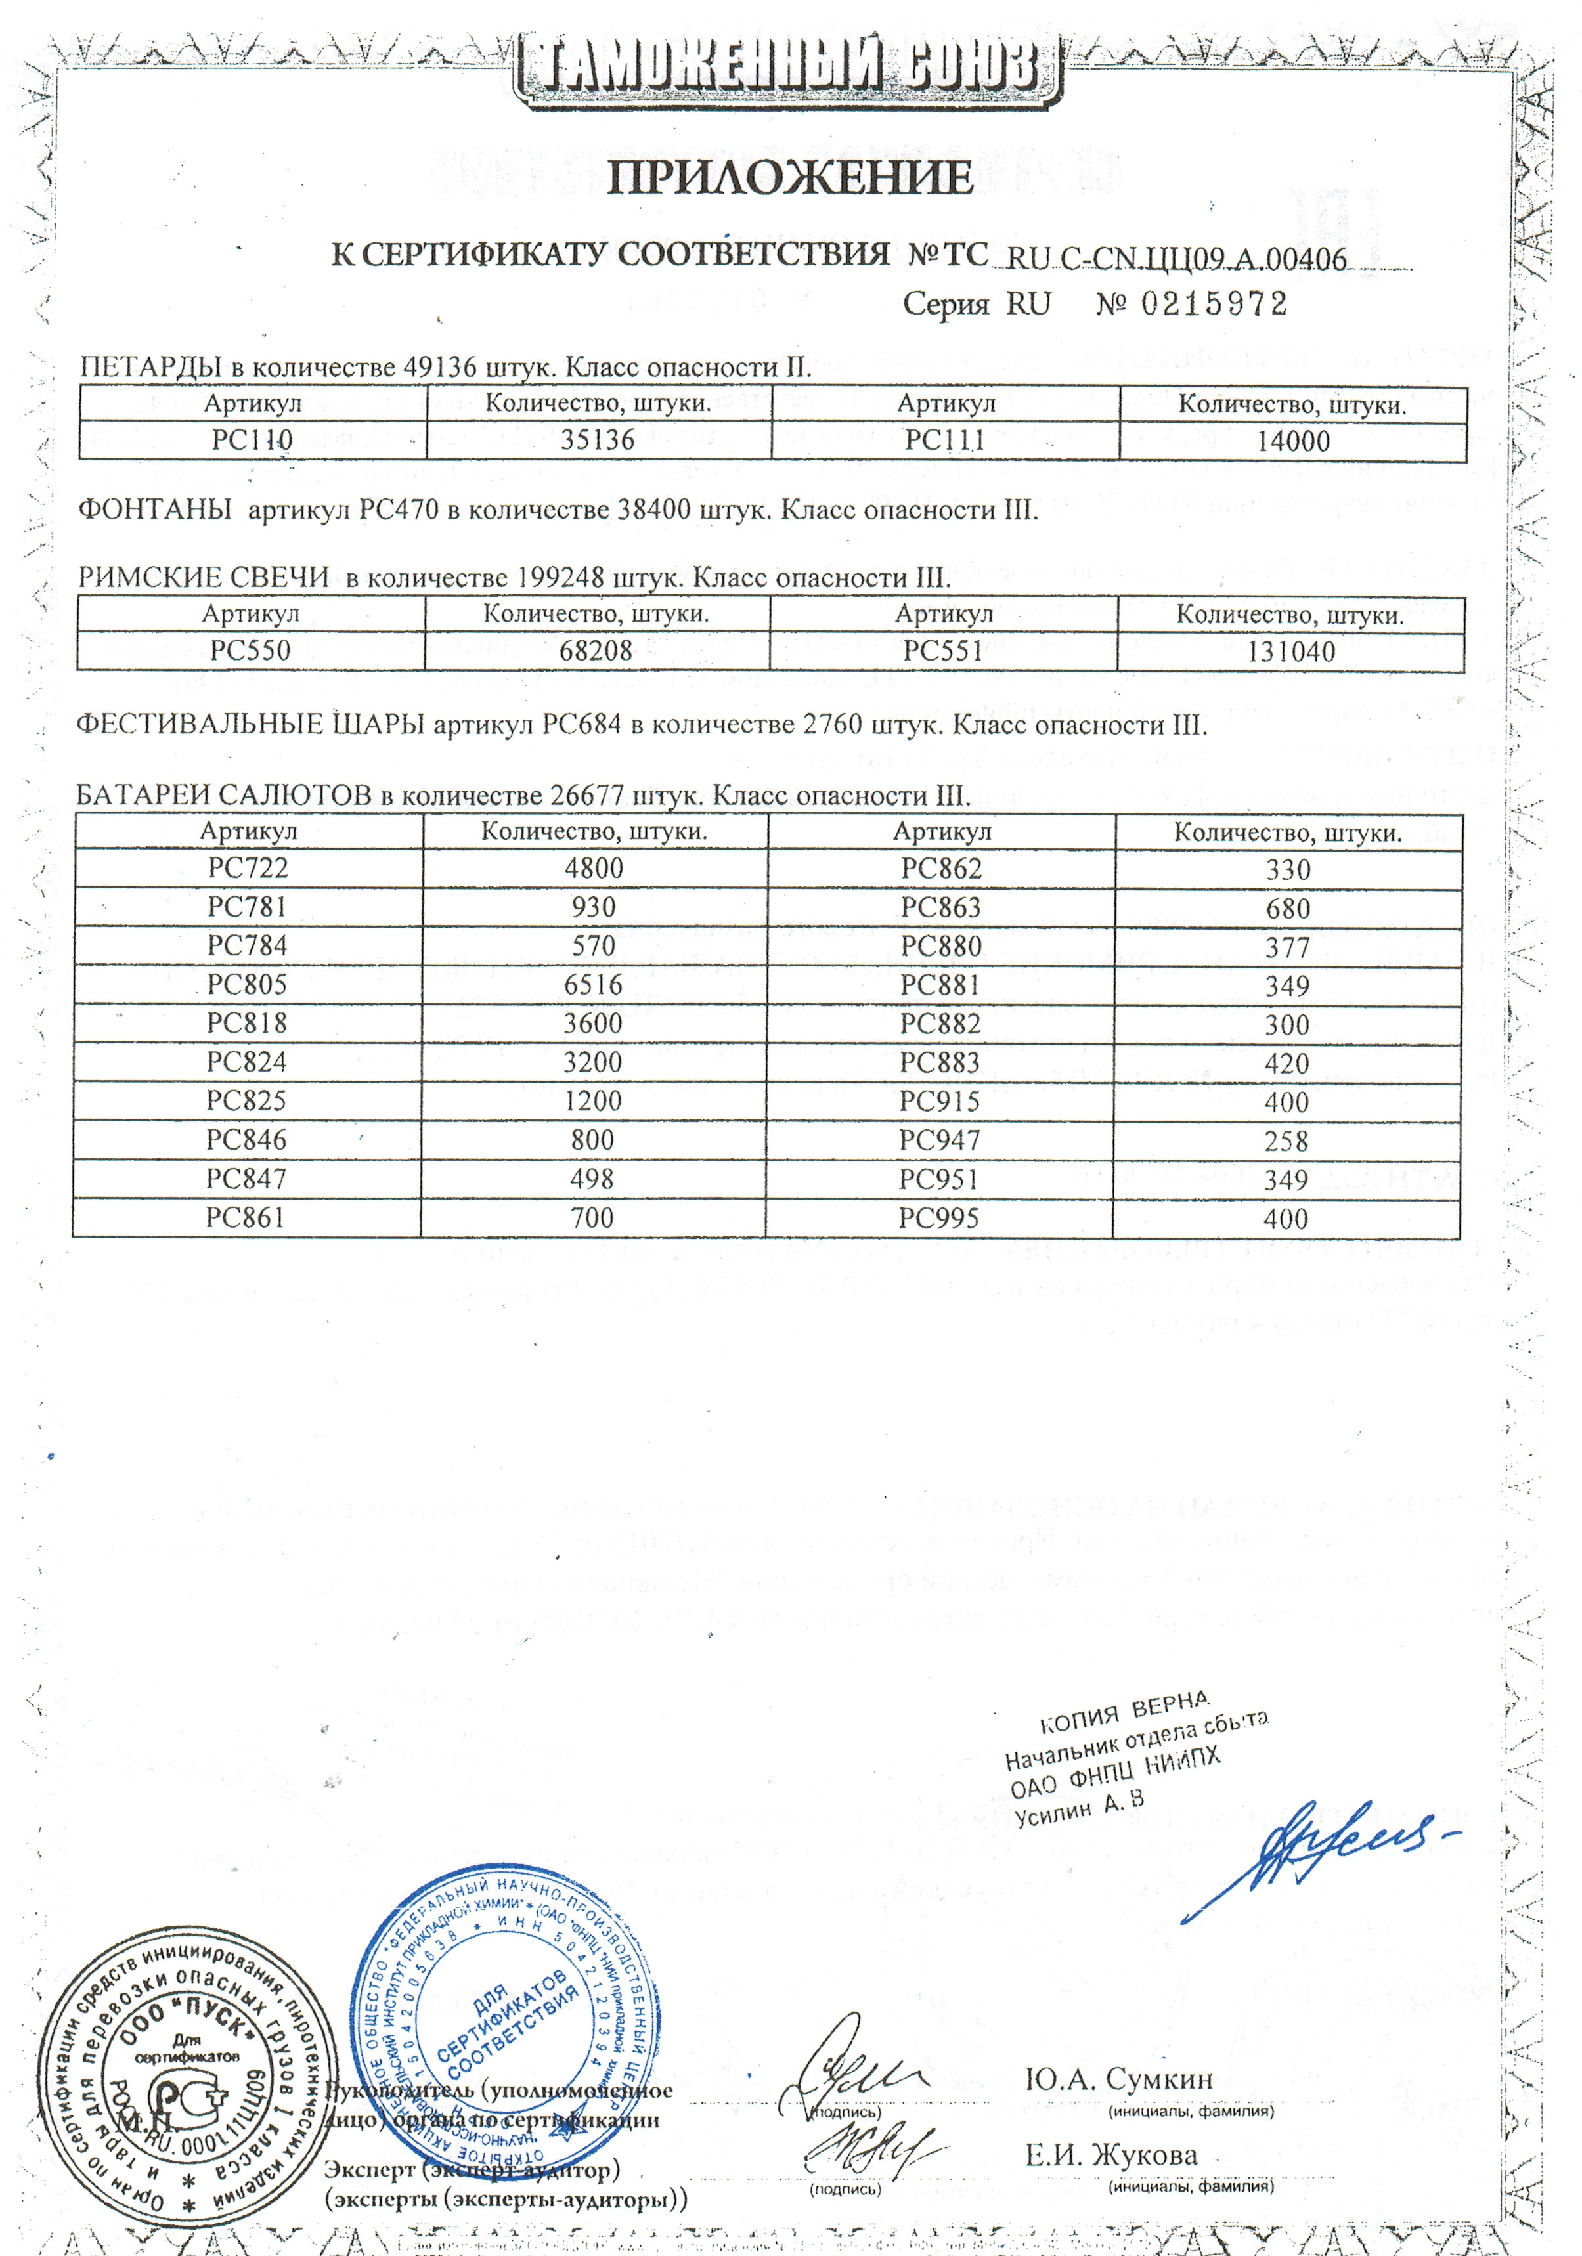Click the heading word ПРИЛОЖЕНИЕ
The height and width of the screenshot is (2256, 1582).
coord(790,178)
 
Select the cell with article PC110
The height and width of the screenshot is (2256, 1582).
coord(253,439)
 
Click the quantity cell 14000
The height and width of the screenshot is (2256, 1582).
coord(1293,441)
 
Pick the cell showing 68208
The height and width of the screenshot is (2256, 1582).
coord(596,651)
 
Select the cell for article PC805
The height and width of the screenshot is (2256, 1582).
coord(248,985)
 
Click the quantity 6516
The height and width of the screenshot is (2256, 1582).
coord(594,985)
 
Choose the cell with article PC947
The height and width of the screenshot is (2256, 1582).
coord(940,1140)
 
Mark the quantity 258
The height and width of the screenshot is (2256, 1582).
coord(1286,1142)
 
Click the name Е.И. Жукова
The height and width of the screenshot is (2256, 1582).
coord(1111,2156)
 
